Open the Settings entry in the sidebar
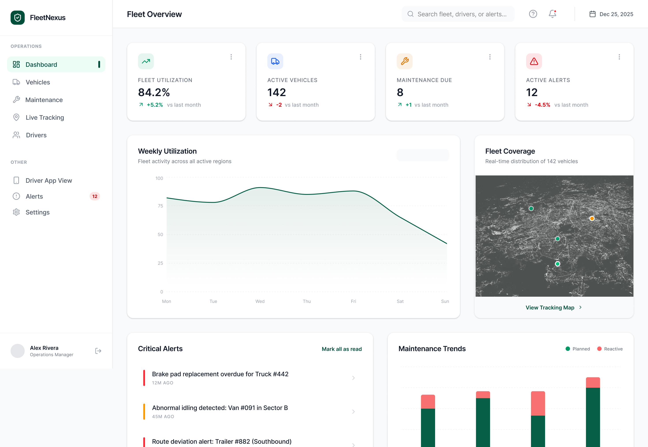(37, 212)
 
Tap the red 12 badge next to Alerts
(95, 196)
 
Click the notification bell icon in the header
(552, 14)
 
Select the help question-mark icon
(533, 14)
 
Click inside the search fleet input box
(462, 14)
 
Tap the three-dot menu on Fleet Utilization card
(231, 57)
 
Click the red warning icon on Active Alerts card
(534, 61)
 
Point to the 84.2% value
(154, 92)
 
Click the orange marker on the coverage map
(592, 218)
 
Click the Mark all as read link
(341, 349)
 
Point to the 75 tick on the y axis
(160, 206)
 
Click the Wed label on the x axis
(260, 301)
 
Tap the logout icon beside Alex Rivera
(98, 351)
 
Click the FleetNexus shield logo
(18, 18)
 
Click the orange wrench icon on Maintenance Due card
(404, 61)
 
